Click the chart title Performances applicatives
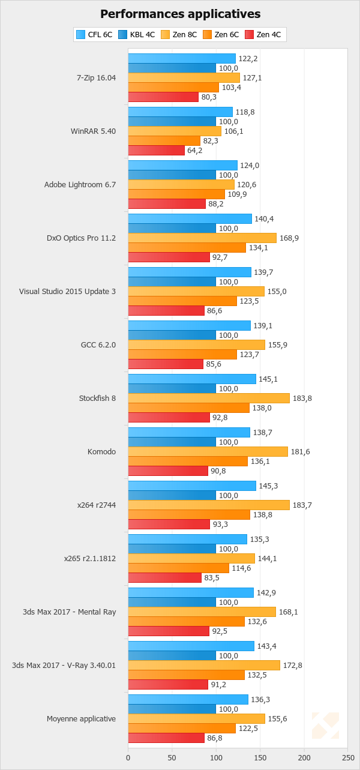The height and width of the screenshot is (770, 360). click(x=180, y=14)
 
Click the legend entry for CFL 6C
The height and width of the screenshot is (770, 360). click(x=94, y=35)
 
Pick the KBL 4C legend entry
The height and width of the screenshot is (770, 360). click(x=136, y=35)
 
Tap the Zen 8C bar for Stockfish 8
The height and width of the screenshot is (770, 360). click(x=209, y=399)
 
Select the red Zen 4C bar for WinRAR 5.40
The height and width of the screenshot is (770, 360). click(x=156, y=151)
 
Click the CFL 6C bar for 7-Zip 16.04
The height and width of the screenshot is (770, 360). click(x=182, y=58)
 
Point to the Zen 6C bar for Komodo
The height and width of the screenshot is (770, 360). click(x=188, y=462)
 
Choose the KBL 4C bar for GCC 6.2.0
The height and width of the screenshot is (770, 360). click(x=172, y=335)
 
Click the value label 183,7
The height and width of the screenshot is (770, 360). click(x=302, y=505)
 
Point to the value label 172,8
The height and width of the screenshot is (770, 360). click(x=292, y=666)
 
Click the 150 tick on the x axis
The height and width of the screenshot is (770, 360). click(x=260, y=759)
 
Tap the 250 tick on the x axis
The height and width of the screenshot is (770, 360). click(x=348, y=759)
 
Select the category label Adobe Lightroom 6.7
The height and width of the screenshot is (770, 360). click(x=80, y=184)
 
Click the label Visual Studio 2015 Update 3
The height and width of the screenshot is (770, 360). click(x=67, y=291)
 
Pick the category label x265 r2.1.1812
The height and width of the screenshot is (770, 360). click(x=90, y=558)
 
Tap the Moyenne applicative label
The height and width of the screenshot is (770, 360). click(x=81, y=718)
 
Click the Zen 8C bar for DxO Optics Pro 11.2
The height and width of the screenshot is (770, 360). click(x=202, y=238)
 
